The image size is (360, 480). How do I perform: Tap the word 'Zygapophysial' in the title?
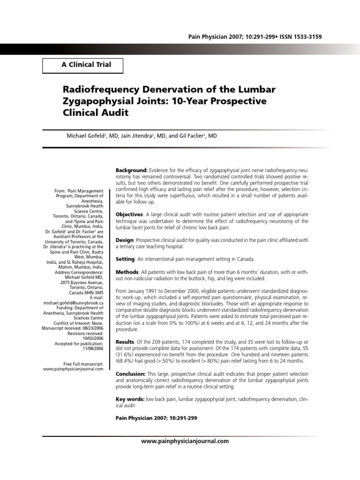[x=97, y=101]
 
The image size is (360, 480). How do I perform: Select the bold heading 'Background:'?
[x=132, y=169]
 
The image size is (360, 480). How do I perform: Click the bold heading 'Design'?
[x=125, y=240]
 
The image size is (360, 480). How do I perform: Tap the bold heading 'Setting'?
[x=126, y=259]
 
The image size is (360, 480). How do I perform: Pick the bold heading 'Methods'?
[x=127, y=272]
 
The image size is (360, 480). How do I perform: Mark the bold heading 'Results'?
[x=126, y=342]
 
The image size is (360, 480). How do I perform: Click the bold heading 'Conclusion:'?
[x=131, y=374]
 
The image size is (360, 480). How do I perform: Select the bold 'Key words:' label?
[x=130, y=399]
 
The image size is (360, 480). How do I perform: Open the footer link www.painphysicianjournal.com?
[x=185, y=441]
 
